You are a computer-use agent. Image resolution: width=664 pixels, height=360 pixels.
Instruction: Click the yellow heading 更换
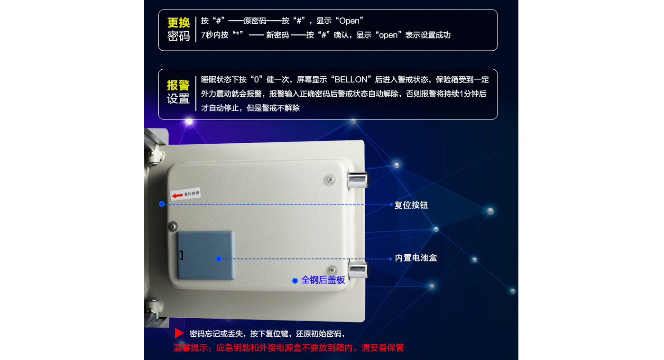[178, 23]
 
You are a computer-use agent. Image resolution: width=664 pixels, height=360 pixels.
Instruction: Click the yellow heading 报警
[178, 85]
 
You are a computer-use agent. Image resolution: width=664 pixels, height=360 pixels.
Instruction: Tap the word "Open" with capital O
[349, 21]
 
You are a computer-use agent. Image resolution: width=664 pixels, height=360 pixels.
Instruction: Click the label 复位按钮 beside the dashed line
[411, 205]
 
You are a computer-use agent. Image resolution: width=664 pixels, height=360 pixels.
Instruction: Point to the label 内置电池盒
[416, 258]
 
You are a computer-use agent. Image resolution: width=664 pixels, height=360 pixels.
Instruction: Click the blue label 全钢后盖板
[323, 280]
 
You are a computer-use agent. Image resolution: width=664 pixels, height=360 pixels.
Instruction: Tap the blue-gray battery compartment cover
[206, 255]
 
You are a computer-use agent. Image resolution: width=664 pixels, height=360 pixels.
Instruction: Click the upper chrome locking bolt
[358, 180]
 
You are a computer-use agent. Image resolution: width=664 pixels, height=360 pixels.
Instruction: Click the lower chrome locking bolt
[358, 270]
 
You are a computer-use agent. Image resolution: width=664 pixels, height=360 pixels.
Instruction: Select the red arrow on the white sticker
[177, 195]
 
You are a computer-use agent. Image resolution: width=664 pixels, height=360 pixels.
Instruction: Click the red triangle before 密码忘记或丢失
[179, 333]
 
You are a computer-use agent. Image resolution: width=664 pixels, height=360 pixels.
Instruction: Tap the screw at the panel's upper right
[330, 180]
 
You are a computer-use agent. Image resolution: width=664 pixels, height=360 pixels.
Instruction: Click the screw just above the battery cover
[173, 226]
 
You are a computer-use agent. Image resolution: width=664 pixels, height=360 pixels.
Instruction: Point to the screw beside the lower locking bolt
[332, 270]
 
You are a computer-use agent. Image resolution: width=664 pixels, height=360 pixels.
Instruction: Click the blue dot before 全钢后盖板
[295, 280]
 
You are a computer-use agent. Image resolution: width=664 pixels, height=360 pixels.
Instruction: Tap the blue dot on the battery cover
[219, 259]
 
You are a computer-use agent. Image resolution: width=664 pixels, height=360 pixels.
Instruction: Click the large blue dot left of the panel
[162, 204]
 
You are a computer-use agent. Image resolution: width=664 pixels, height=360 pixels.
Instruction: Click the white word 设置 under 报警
[178, 99]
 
